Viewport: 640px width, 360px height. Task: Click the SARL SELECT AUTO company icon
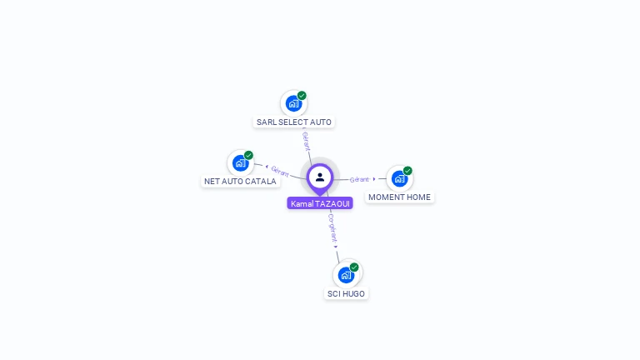click(x=293, y=103)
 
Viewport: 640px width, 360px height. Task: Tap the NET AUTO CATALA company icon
click(x=240, y=162)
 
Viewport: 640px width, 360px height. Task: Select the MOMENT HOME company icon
click(x=399, y=178)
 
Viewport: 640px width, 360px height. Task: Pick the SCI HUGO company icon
click(x=346, y=275)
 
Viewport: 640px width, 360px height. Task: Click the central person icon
click(x=320, y=177)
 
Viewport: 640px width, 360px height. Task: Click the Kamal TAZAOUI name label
click(x=320, y=203)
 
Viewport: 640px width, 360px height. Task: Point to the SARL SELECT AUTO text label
click(x=294, y=122)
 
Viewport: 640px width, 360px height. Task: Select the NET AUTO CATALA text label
click(x=240, y=181)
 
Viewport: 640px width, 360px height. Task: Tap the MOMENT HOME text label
click(x=400, y=197)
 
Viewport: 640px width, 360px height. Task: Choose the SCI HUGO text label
click(x=346, y=293)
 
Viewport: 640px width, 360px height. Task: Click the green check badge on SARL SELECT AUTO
click(x=302, y=96)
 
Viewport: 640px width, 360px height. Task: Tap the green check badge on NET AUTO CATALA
click(x=248, y=155)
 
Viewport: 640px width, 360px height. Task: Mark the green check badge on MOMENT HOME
click(x=407, y=171)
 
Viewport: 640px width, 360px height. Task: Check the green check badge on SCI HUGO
click(x=354, y=267)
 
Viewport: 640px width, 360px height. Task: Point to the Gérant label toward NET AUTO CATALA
click(x=280, y=171)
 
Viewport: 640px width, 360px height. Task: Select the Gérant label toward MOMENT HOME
click(x=359, y=179)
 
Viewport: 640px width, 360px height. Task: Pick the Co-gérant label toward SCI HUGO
click(x=332, y=227)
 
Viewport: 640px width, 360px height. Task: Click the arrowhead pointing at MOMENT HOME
click(x=374, y=178)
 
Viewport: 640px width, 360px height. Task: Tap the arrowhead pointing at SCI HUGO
click(x=336, y=247)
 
